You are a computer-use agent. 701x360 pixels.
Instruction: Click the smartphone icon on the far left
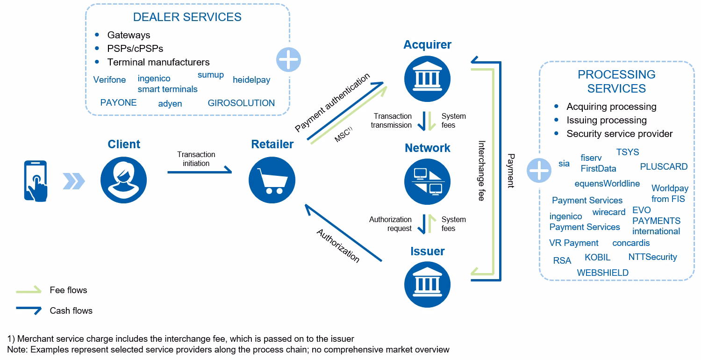pyautogui.click(x=36, y=180)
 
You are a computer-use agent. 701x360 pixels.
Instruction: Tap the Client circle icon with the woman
pyautogui.click(x=123, y=180)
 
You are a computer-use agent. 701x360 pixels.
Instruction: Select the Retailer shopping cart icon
pyautogui.click(x=272, y=180)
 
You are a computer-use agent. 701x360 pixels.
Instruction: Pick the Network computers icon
pyautogui.click(x=427, y=181)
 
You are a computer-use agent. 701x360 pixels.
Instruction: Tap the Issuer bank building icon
pyautogui.click(x=427, y=284)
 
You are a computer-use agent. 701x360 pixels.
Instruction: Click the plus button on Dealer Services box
pyautogui.click(x=288, y=60)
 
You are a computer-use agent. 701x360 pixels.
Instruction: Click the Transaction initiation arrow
pyautogui.click(x=200, y=172)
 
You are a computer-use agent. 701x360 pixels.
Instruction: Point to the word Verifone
pyautogui.click(x=109, y=80)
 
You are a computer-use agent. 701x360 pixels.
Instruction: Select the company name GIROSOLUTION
pyautogui.click(x=241, y=103)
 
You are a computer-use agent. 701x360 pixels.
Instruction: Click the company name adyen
pyautogui.click(x=170, y=104)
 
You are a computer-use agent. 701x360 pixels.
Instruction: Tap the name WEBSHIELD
pyautogui.click(x=602, y=273)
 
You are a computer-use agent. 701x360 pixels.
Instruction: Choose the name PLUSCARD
pyautogui.click(x=664, y=167)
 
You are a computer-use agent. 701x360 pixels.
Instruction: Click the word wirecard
pyautogui.click(x=608, y=212)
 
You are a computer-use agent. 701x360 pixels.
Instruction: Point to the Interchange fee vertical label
pyautogui.click(x=481, y=171)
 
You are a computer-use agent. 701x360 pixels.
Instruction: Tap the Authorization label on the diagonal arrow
pyautogui.click(x=338, y=246)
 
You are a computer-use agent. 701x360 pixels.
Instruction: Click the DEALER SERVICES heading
pyautogui.click(x=187, y=17)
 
